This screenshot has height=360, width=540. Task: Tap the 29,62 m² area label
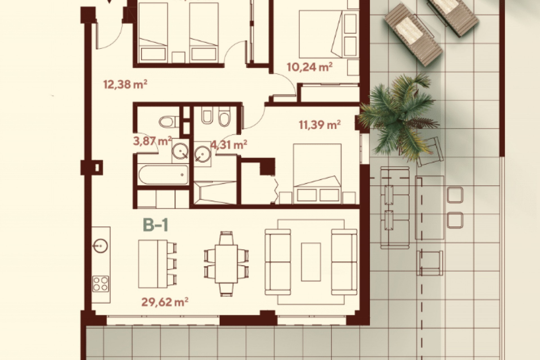165,302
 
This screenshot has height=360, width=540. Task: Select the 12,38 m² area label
125,84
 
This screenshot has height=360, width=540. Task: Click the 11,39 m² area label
320,124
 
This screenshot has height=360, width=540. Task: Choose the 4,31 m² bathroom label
229,145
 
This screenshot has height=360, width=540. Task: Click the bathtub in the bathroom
163,175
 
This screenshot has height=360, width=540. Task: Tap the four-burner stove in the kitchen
101,283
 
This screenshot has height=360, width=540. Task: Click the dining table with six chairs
227,264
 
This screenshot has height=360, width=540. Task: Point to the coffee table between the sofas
311,262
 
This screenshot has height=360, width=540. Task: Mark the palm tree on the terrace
399,115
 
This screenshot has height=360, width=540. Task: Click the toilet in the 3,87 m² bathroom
168,122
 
